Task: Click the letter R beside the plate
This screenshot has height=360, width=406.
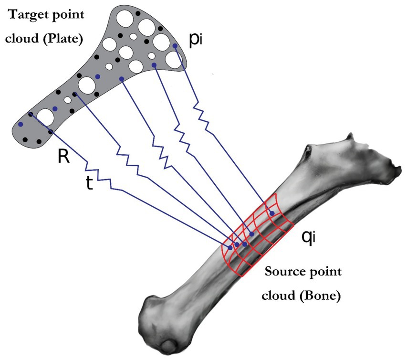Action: click(63, 157)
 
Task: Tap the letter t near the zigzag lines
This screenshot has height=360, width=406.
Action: click(89, 184)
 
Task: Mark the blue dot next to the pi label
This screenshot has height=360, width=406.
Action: click(175, 46)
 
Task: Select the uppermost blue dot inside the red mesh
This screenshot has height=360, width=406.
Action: click(272, 213)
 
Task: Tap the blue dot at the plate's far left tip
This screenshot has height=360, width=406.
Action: click(21, 124)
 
